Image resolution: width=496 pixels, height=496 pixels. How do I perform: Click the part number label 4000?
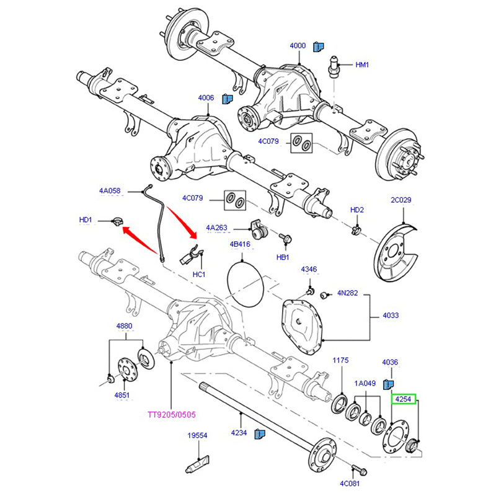[298, 46]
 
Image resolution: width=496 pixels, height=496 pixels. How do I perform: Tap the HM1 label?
[361, 64]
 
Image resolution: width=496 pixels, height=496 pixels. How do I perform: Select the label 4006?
[206, 98]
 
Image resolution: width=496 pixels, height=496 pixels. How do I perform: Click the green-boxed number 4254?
[404, 401]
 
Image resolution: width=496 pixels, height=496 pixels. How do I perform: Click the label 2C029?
[401, 200]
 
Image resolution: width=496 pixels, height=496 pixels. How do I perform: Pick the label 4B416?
[240, 244]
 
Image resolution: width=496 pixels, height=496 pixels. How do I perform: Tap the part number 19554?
[197, 436]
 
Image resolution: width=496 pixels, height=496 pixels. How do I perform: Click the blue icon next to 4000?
[318, 46]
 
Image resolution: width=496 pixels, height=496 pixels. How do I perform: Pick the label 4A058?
[110, 192]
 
